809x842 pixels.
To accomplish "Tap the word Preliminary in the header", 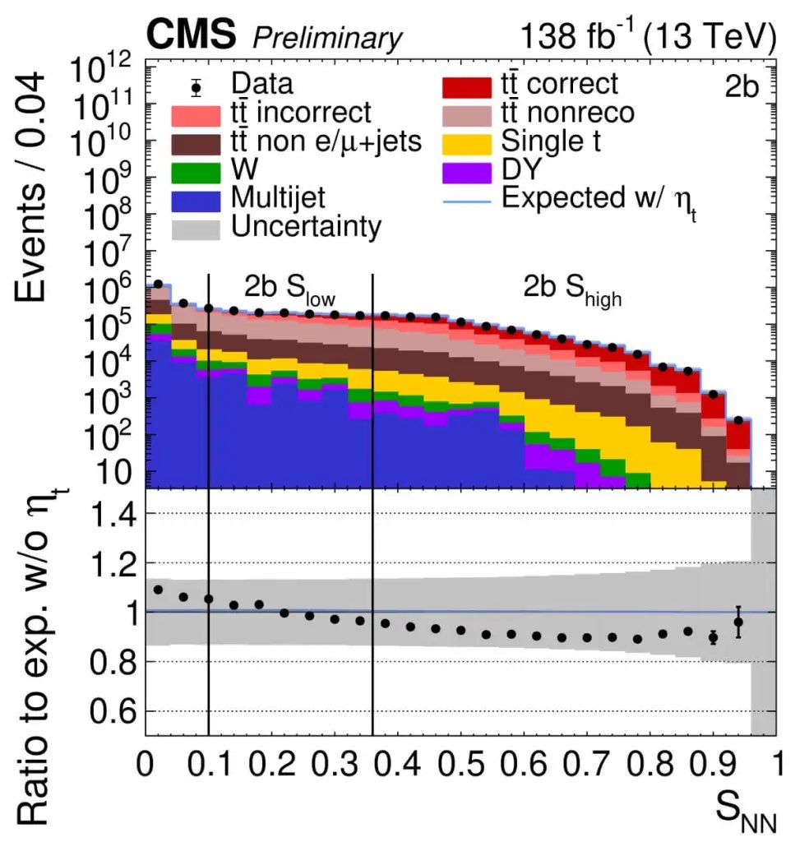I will [x=328, y=38].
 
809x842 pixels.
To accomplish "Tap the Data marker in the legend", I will [x=196, y=84].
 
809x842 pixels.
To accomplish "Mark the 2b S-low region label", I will [x=290, y=289].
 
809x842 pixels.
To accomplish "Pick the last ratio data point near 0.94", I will [x=738, y=622].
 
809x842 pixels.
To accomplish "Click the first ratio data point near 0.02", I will [x=158, y=590].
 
